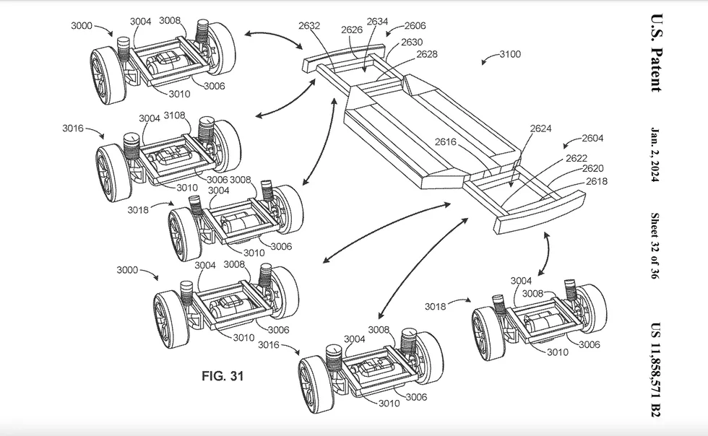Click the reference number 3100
[510, 54]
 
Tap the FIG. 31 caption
[223, 375]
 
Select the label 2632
[309, 26]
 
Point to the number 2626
[352, 30]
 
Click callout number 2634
[377, 21]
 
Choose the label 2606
[415, 26]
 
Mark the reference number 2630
[412, 42]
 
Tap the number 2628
[427, 54]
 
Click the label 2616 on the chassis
[446, 141]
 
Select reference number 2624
[540, 128]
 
